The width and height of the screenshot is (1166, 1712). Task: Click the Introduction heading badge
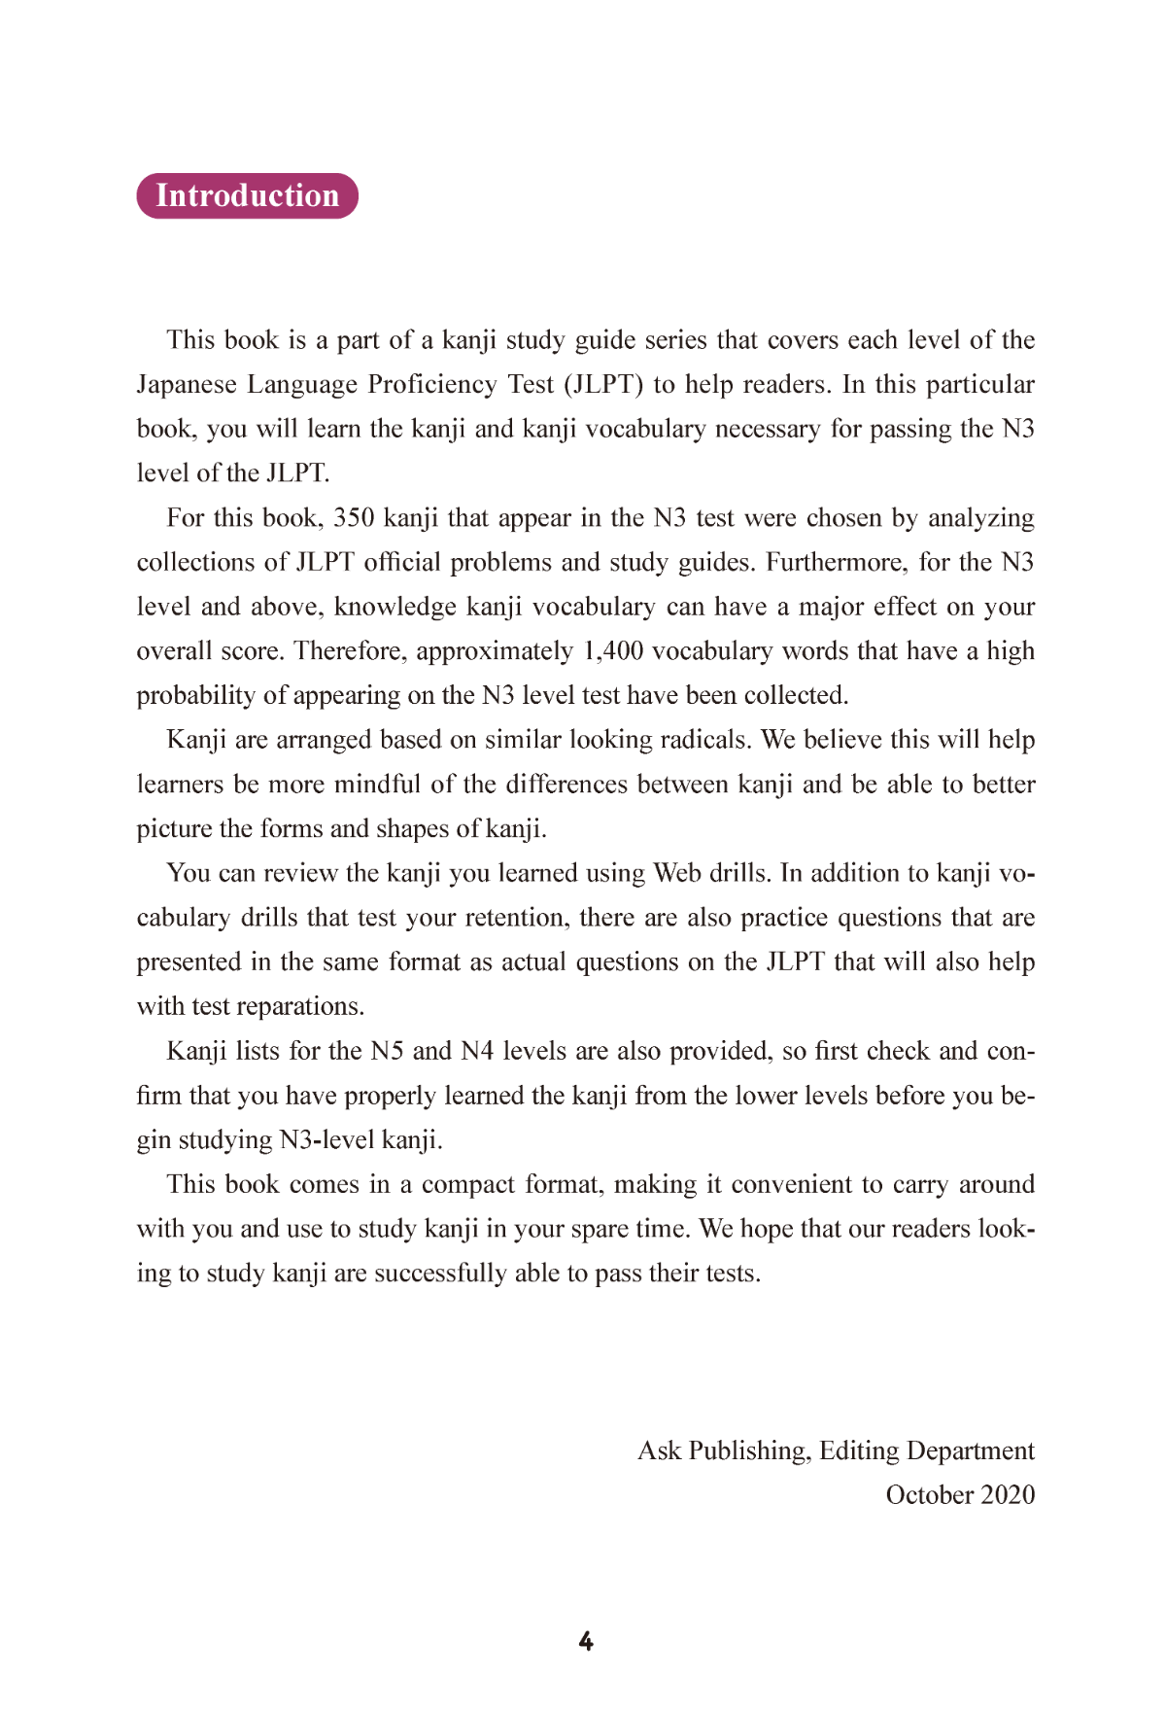247,195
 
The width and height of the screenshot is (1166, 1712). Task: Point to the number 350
354,517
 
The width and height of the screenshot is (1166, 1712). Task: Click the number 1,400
612,650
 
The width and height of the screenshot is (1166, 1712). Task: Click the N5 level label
387,1051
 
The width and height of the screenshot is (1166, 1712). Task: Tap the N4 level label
477,1051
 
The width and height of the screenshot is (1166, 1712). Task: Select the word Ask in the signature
659,1450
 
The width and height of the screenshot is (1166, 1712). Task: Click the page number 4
586,1642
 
